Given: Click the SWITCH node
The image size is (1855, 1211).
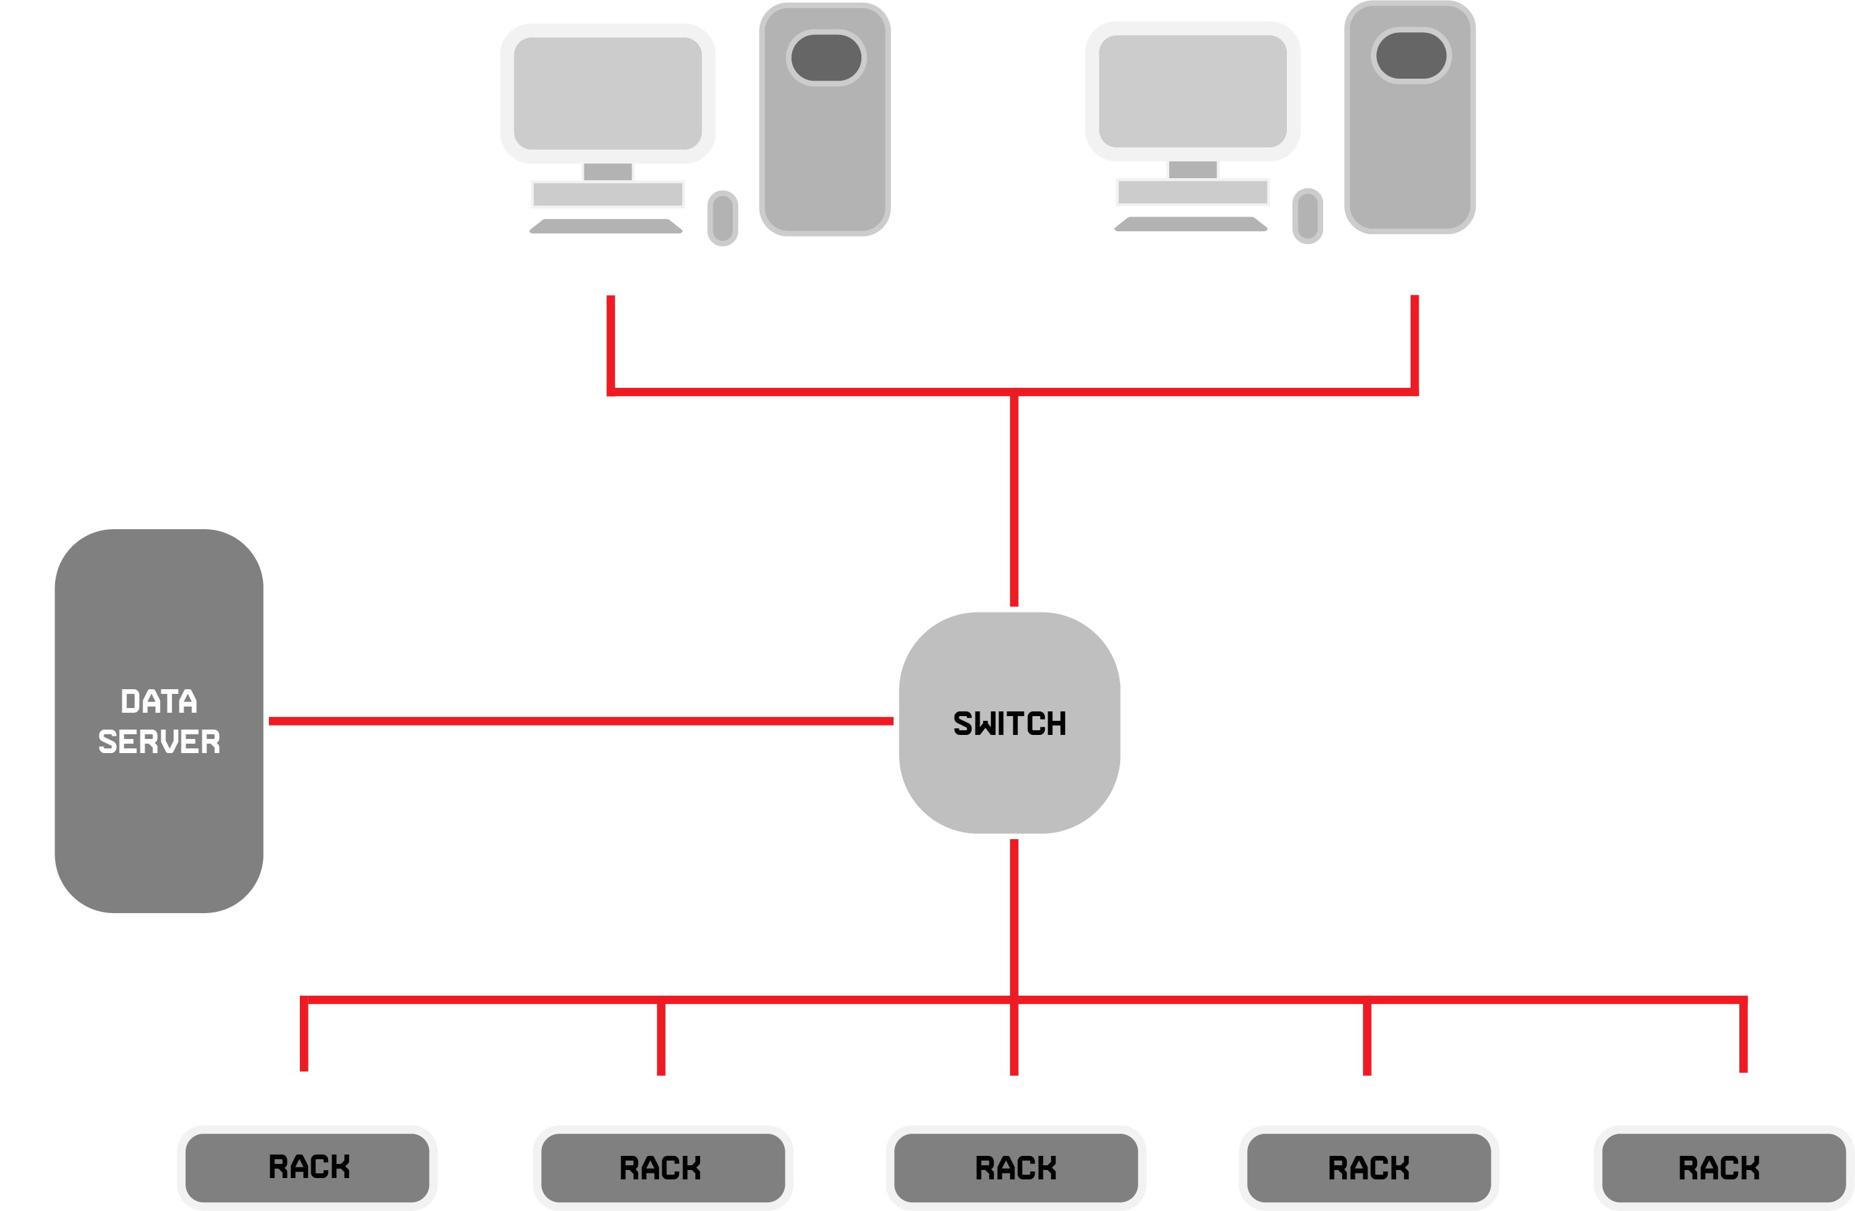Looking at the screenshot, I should [1009, 722].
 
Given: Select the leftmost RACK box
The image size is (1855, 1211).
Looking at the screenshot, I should [307, 1167].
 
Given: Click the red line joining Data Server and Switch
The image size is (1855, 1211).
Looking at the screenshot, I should [581, 721].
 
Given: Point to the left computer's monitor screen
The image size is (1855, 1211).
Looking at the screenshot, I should [608, 93].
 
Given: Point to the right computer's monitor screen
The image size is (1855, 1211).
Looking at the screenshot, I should [1193, 91].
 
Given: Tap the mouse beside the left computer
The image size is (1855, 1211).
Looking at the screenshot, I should [723, 219].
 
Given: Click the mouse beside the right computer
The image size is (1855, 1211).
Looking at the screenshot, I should [1308, 216].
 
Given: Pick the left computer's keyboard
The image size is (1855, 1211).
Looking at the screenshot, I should [606, 226].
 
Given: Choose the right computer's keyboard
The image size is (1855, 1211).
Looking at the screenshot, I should [1191, 224].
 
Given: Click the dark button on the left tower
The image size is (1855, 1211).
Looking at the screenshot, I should [826, 58].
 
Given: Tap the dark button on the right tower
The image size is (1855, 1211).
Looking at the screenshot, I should [1411, 55].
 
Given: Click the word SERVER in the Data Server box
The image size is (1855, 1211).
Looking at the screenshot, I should [159, 741].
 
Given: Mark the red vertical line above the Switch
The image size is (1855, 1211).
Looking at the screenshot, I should [1014, 499].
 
